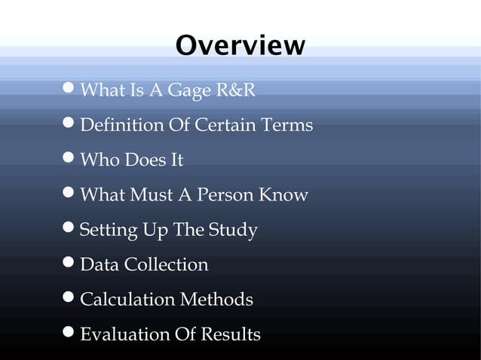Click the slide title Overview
tap(240, 45)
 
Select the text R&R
tap(235, 91)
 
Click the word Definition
tap(121, 125)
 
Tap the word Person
tap(226, 195)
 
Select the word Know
tap(283, 195)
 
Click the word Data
tap(99, 265)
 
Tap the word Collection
tap(166, 265)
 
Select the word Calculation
tap(127, 300)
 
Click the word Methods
tap(216, 300)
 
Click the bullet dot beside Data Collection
tap(69, 264)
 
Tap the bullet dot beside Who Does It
tap(69, 159)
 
